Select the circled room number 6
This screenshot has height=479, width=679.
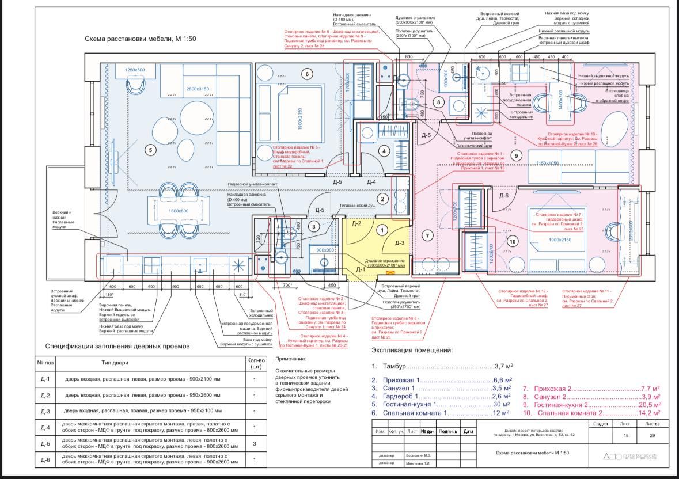tap(307, 74)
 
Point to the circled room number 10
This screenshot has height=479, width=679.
tap(513, 242)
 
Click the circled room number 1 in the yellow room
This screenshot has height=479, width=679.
tap(381, 230)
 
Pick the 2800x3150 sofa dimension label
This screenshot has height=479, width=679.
tap(198, 89)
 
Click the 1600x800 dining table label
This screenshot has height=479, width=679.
tap(178, 211)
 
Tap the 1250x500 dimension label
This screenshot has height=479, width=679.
tap(135, 70)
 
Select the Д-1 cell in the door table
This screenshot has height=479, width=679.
tap(45, 379)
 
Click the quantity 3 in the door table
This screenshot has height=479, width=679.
tap(254, 443)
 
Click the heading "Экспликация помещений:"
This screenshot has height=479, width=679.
tap(412, 350)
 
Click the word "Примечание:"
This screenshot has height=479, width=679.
tap(291, 359)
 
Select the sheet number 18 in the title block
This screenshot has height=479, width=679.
tap(625, 436)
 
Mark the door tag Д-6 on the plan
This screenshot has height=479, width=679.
tap(504, 196)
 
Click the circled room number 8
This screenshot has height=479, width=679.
tap(438, 102)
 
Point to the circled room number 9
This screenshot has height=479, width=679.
tap(517, 155)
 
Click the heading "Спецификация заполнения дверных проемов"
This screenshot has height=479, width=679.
tap(117, 347)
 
